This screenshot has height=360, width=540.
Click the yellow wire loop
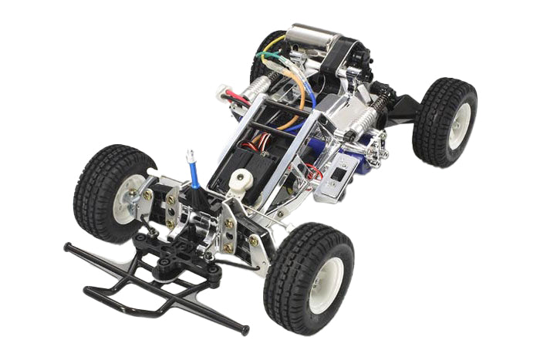point(272,58)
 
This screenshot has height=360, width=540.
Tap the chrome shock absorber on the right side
point(363,120)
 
